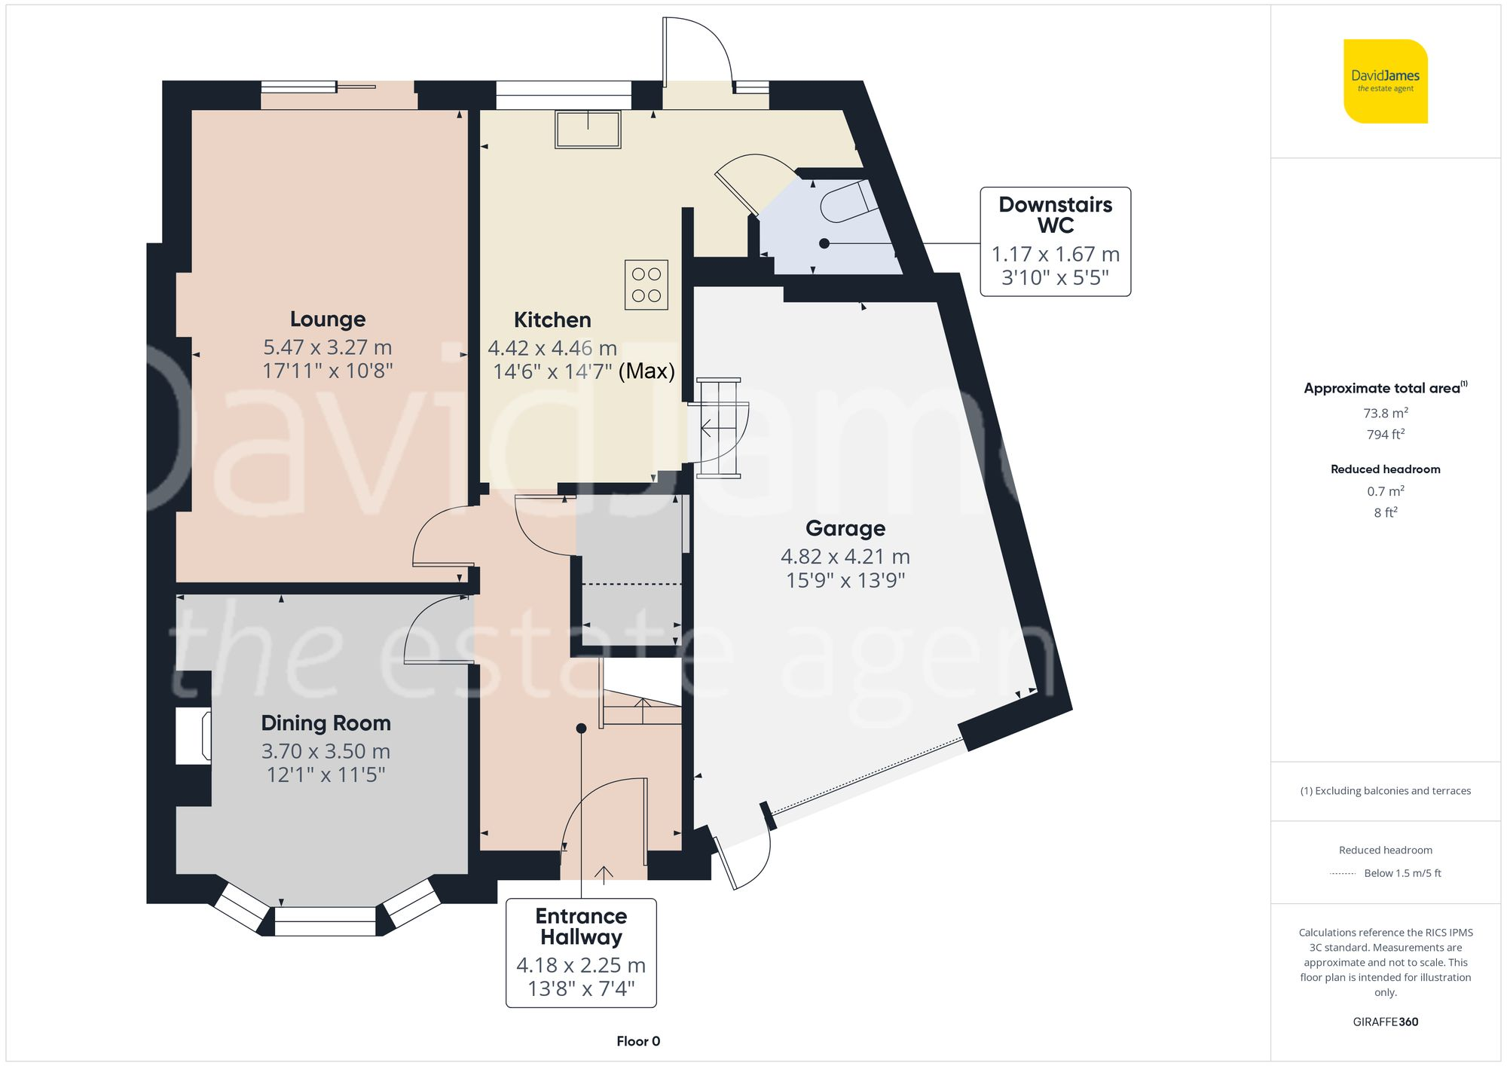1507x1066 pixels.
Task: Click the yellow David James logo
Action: click(1385, 81)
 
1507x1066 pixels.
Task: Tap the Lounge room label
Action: click(328, 319)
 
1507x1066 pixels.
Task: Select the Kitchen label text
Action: click(552, 320)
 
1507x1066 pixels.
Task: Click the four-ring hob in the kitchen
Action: click(646, 285)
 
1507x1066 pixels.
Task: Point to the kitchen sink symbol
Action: click(588, 129)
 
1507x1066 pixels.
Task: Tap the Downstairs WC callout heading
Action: click(1055, 215)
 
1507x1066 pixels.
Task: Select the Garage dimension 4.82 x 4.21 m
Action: click(845, 557)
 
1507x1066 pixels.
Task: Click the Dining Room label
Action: click(326, 723)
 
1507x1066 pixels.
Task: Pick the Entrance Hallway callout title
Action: click(581, 927)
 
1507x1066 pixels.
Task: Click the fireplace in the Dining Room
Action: click(194, 736)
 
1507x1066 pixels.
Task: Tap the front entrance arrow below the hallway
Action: click(604, 874)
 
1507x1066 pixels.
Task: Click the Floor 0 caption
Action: click(637, 1041)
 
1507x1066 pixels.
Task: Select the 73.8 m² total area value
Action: click(1385, 413)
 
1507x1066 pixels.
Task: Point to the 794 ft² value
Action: click(1385, 435)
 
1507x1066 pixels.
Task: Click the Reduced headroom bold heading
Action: click(1385, 469)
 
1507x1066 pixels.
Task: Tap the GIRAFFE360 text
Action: click(1385, 1022)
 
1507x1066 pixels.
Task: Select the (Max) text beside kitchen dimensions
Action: click(647, 371)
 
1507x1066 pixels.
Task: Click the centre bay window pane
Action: click(325, 921)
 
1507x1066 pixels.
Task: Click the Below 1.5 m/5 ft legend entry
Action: click(1402, 874)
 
